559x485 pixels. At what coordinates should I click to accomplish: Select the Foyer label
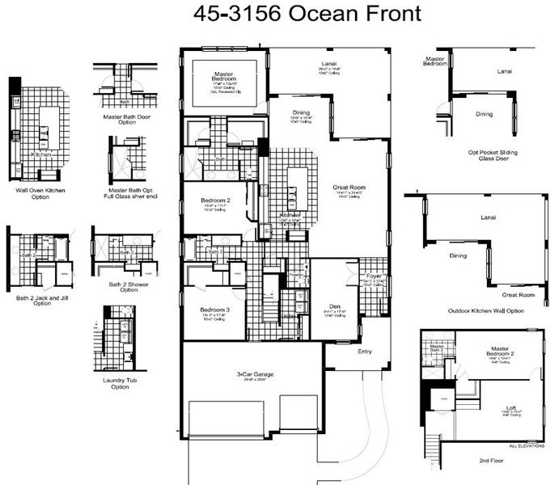pos(374,276)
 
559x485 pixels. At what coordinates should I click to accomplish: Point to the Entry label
pos(366,352)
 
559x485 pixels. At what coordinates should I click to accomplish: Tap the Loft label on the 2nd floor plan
pos(510,407)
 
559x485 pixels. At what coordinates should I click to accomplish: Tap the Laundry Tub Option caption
pos(120,383)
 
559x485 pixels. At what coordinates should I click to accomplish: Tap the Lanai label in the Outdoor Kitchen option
pos(487,217)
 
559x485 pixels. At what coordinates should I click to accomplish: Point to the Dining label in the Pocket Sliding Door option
pos(484,114)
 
